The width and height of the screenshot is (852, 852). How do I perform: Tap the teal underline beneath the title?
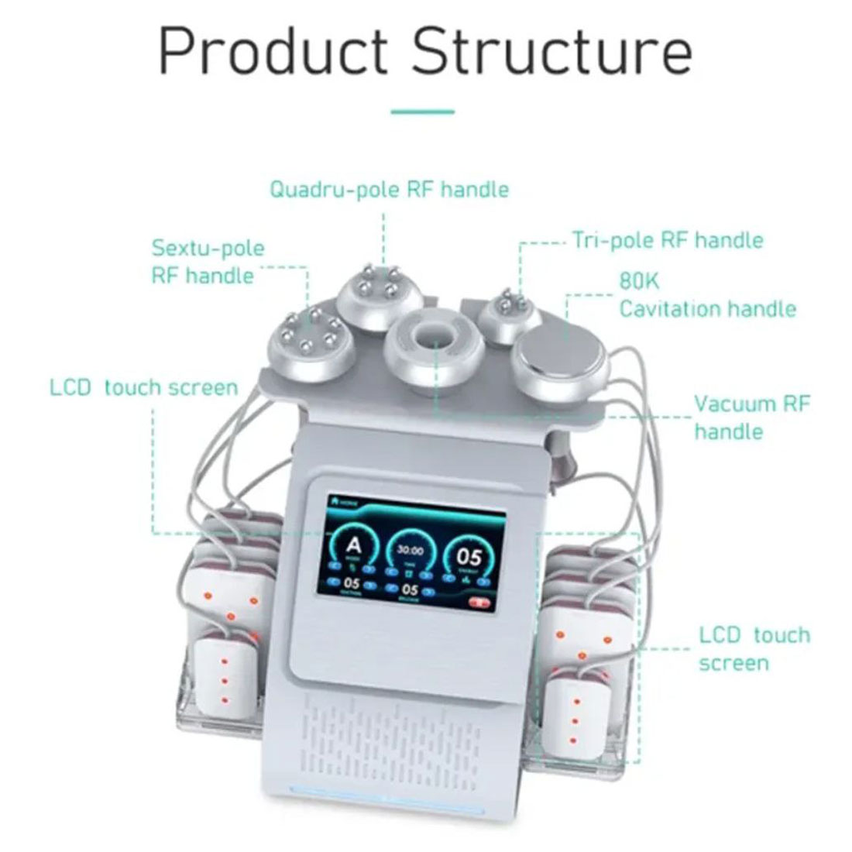point(422,112)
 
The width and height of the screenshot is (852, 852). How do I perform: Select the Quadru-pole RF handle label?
point(389,189)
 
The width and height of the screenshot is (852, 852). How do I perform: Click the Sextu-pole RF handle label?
point(208,262)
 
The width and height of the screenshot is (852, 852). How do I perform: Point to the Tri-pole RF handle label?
point(668,240)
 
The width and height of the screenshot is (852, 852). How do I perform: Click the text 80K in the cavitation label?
point(638,280)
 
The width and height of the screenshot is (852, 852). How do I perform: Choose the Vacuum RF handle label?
point(751,417)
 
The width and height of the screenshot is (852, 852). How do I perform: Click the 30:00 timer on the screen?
point(410,551)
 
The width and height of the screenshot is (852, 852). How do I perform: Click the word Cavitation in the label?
point(673,309)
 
